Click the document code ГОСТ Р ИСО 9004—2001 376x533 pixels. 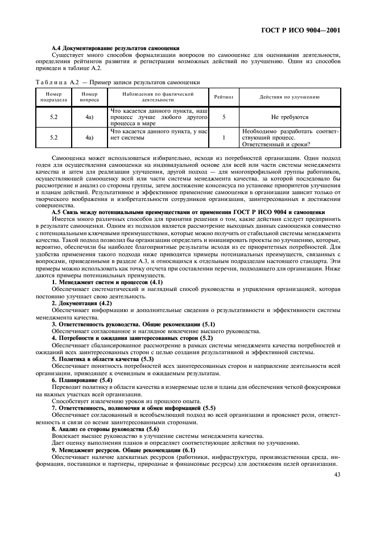tap(308, 28)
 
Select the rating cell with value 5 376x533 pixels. tap(224, 117)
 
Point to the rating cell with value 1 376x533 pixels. tap(224, 137)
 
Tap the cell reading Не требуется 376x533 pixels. tap(290, 117)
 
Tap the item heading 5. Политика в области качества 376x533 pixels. tap(103, 359)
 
